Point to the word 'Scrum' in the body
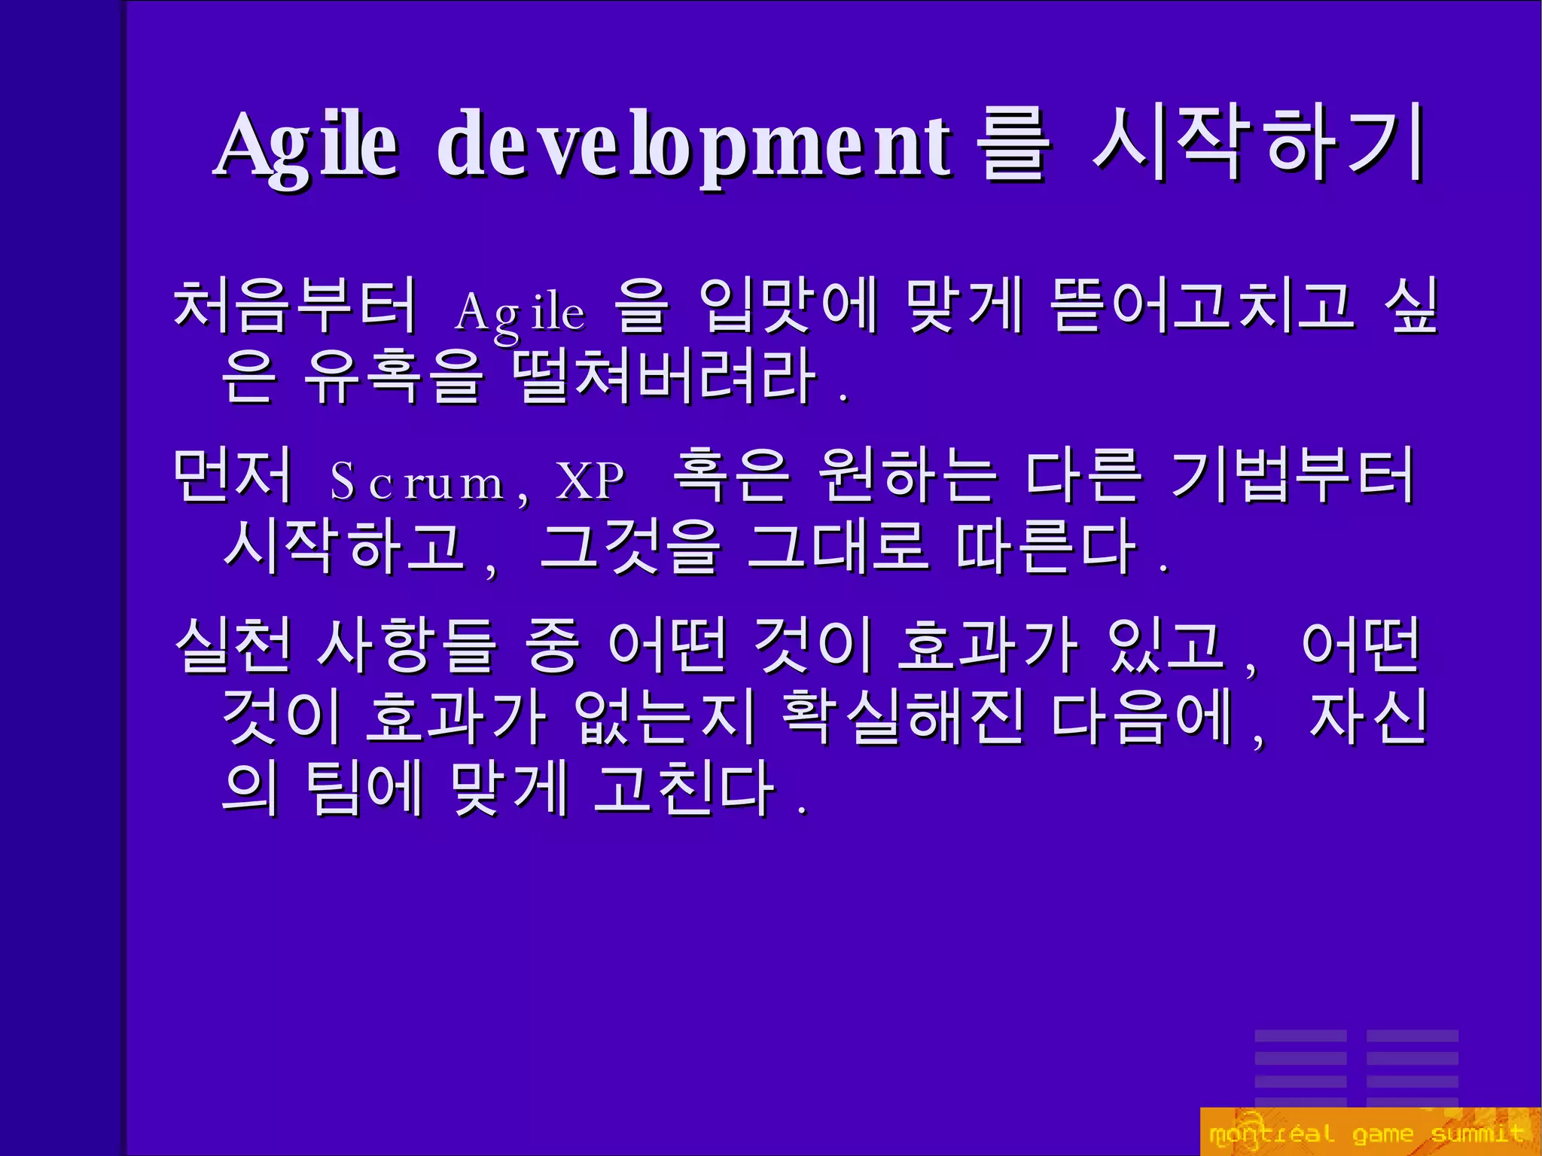(x=418, y=482)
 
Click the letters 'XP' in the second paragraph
(x=590, y=480)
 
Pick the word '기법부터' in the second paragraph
(x=1292, y=476)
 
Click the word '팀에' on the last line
(x=364, y=787)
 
